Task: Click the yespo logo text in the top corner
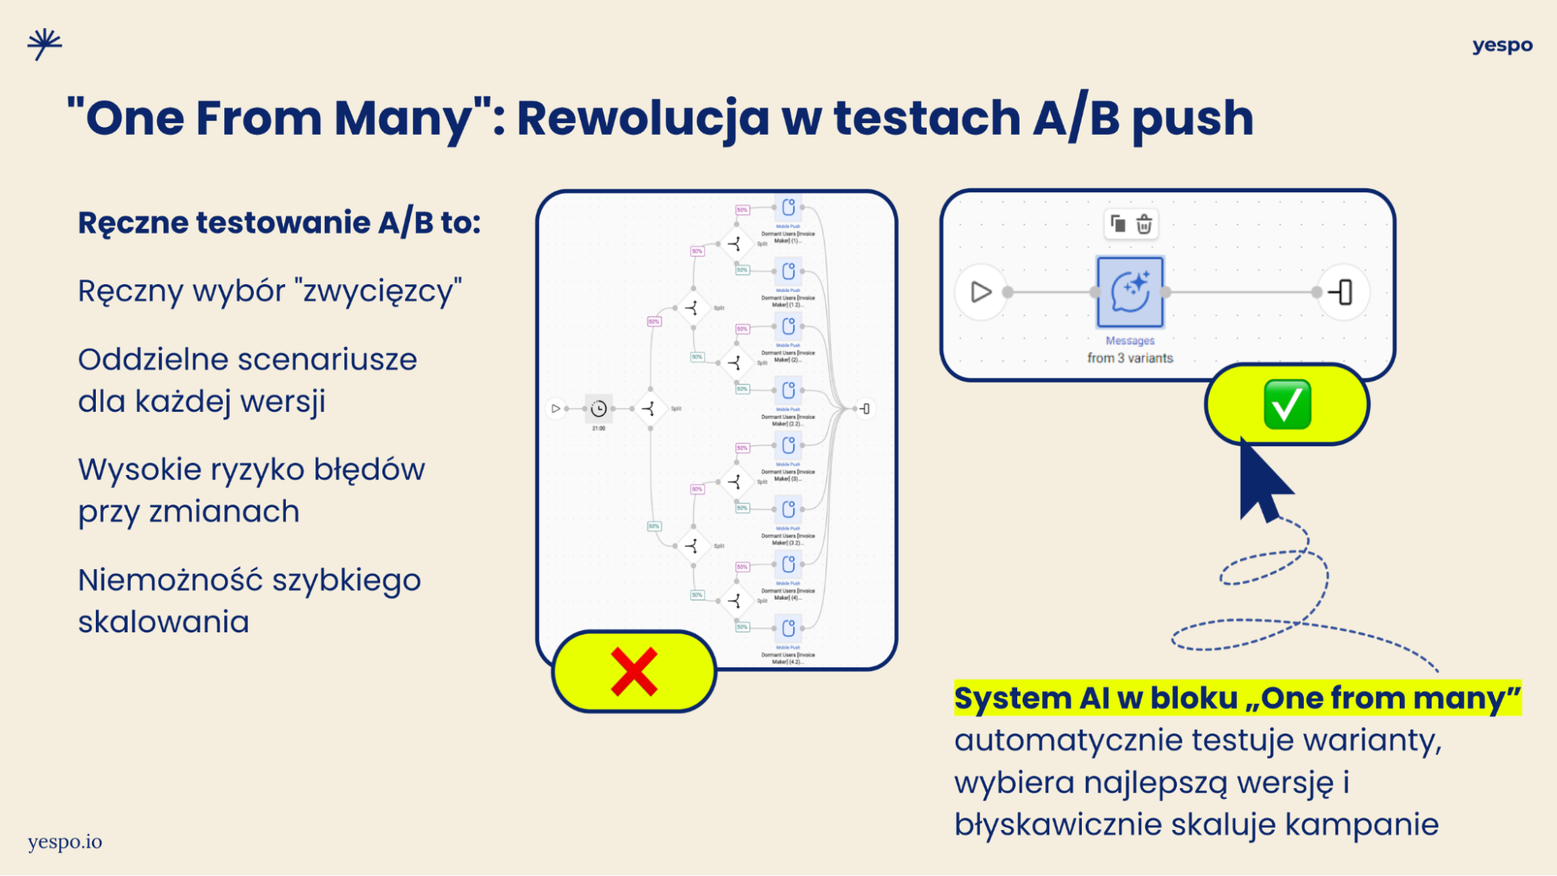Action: point(1502,46)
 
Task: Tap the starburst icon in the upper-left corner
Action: point(44,44)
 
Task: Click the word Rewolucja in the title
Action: point(643,118)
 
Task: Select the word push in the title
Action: point(1192,118)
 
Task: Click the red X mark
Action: point(634,671)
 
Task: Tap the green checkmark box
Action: point(1287,404)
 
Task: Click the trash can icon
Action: point(1143,224)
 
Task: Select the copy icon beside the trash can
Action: point(1118,224)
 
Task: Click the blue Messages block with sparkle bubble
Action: point(1129,292)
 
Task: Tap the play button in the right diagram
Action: point(981,292)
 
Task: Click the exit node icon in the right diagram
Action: point(1342,292)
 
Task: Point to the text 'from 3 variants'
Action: point(1129,358)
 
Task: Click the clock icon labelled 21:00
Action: point(598,409)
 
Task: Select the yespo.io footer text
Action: point(65,842)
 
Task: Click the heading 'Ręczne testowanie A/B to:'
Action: point(279,223)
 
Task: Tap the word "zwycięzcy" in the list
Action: point(382,291)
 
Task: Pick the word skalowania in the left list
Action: point(164,622)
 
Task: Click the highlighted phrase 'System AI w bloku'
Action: point(1096,698)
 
